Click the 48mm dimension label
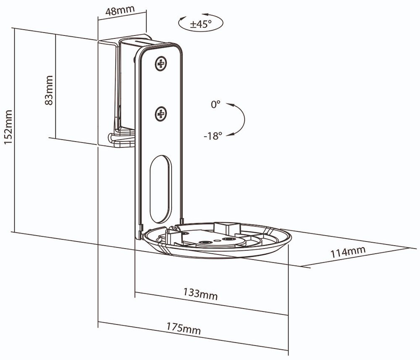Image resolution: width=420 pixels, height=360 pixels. pos(120,11)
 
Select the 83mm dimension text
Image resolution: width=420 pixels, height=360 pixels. pos(49,90)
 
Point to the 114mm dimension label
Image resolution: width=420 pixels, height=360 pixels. pos(348,252)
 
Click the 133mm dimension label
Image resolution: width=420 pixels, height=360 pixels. pos(200,294)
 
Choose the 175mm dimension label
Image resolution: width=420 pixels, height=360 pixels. pos(184,329)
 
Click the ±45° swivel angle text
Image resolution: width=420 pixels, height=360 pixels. pos(201,24)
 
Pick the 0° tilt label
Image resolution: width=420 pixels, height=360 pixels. pos(215,104)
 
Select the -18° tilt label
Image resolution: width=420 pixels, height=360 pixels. pos(213,136)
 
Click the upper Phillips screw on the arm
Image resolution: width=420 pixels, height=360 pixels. pos(161,64)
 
